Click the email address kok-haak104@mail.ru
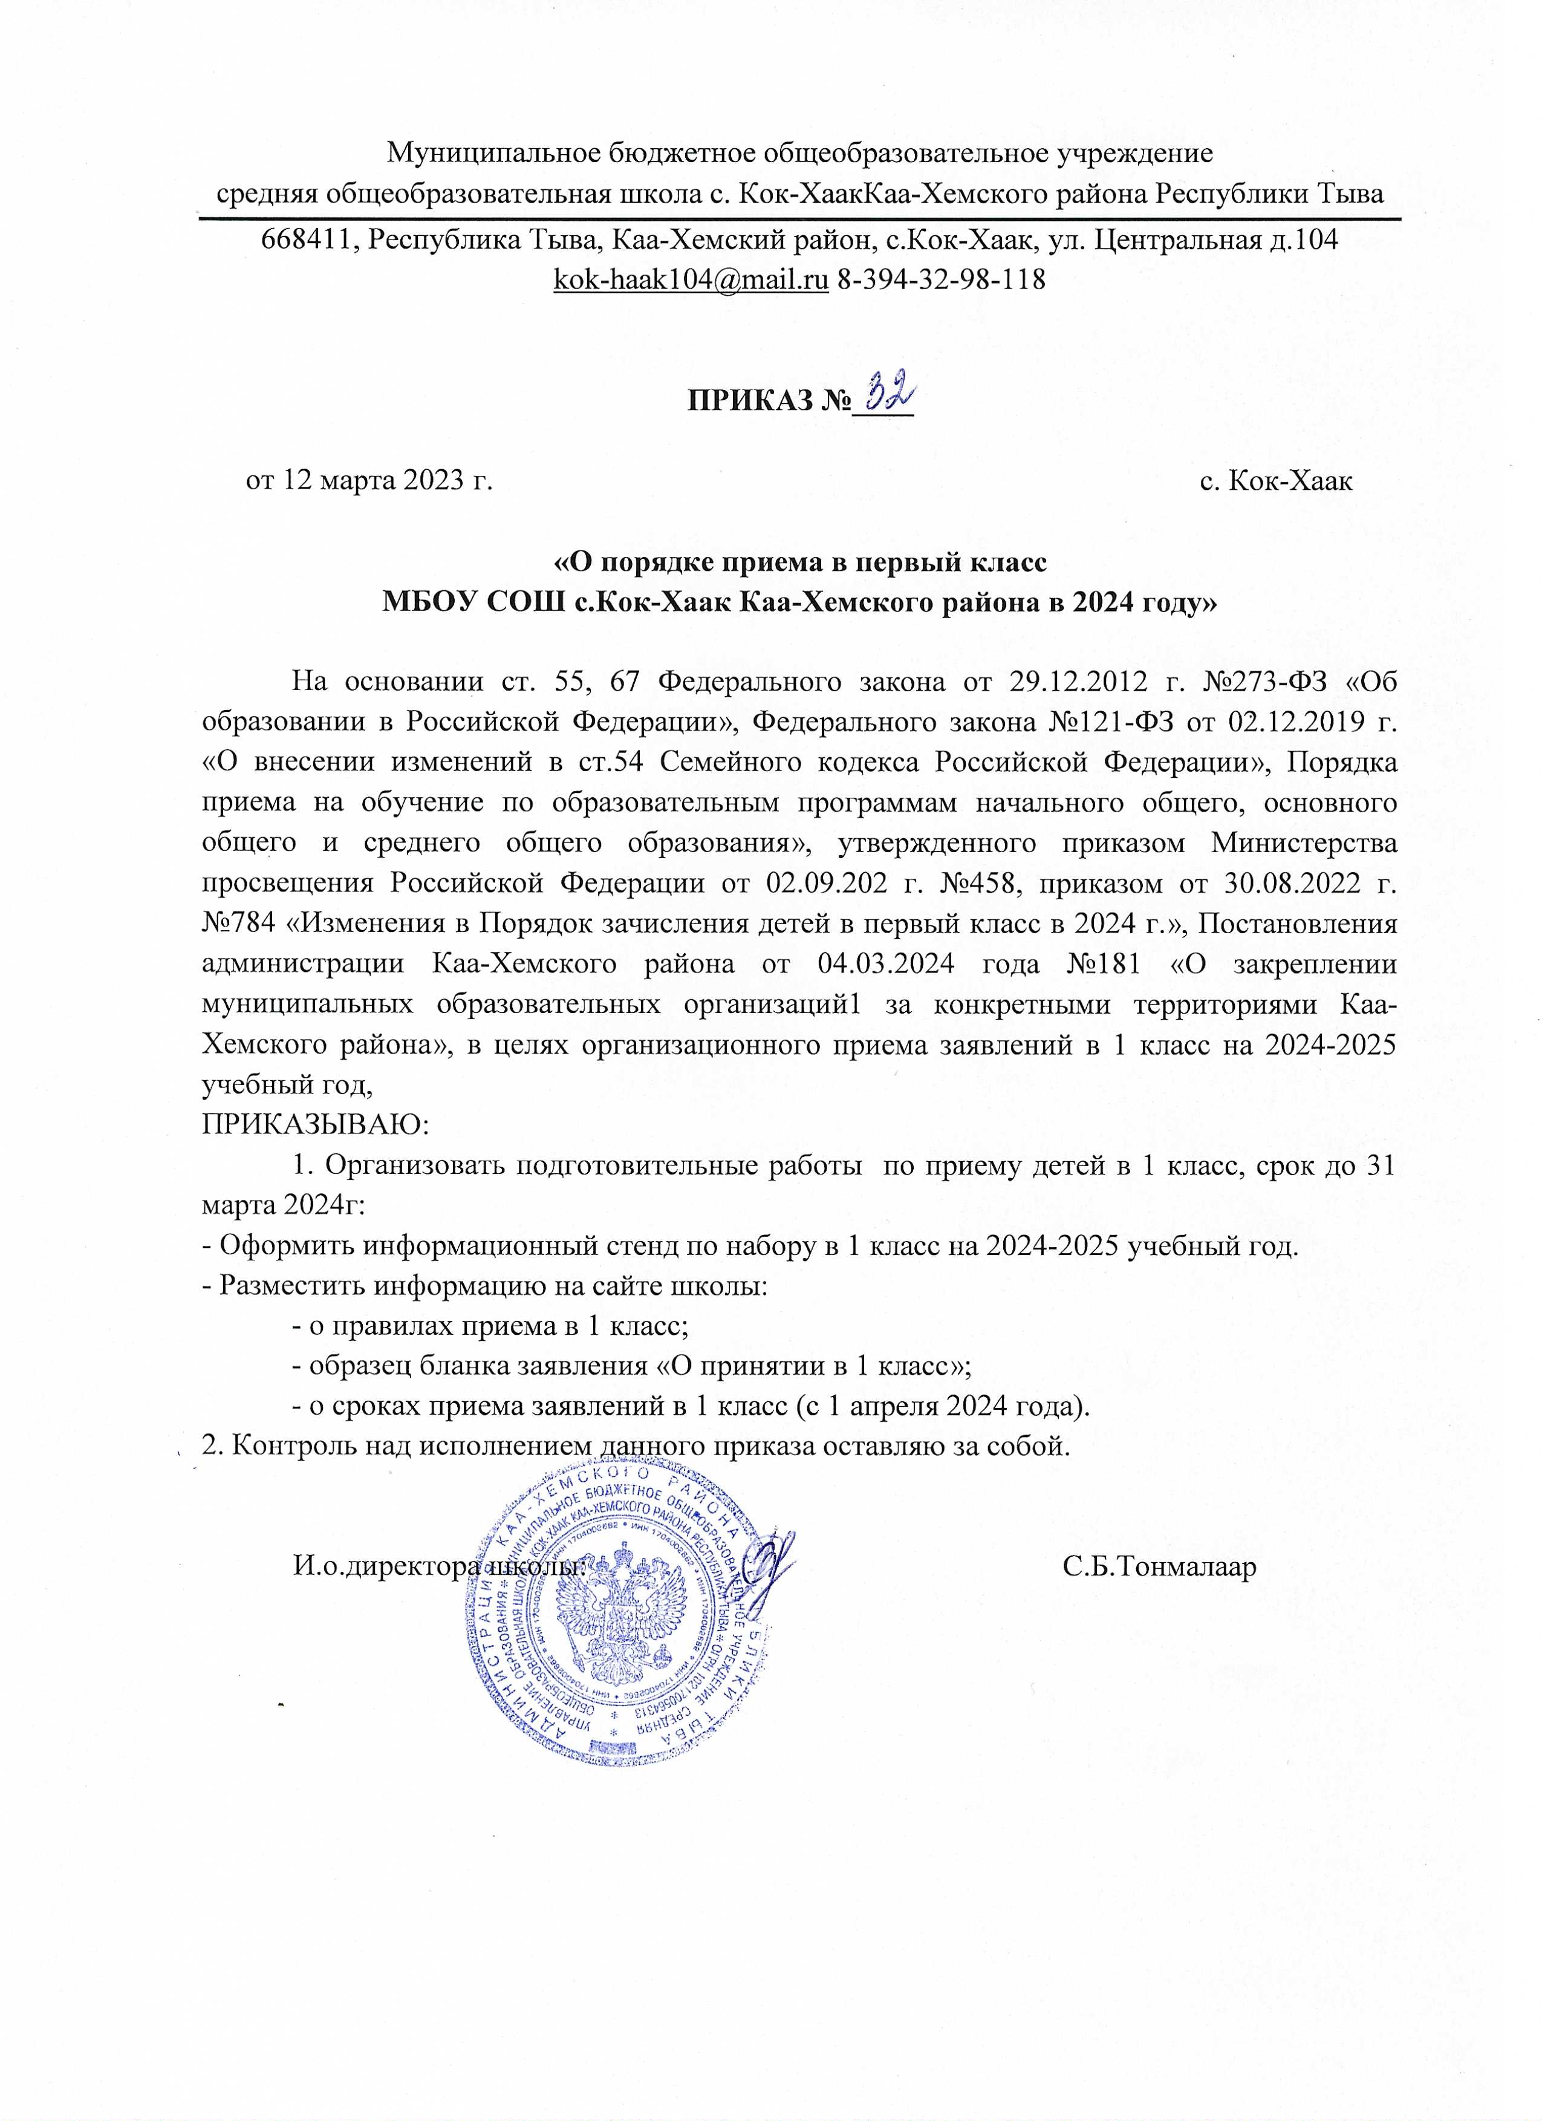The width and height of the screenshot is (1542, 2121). pyautogui.click(x=691, y=279)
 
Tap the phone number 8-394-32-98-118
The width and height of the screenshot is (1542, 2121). pyautogui.click(x=940, y=279)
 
